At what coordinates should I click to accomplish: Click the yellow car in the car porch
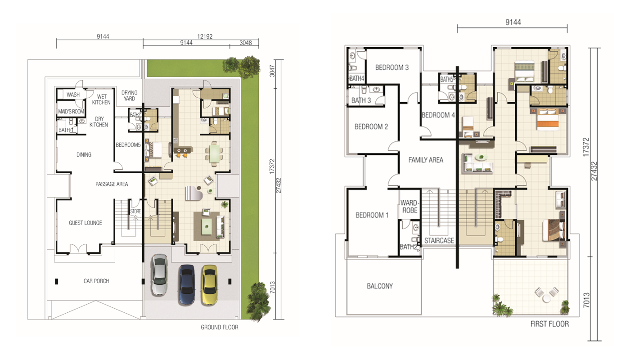tap(210, 285)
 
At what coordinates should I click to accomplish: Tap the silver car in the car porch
tap(159, 275)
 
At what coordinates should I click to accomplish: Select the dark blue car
tap(186, 285)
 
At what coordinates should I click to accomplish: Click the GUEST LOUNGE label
tap(85, 223)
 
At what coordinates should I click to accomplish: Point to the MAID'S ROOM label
tap(71, 112)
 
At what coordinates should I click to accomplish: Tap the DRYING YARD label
tap(130, 95)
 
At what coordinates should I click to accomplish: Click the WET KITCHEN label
tap(101, 99)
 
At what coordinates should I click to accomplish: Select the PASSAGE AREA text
tap(112, 184)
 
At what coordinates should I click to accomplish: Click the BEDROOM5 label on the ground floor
tap(128, 145)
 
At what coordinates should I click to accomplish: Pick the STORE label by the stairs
tap(135, 211)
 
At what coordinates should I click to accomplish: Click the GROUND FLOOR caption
tap(220, 327)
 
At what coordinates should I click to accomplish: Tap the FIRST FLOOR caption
tap(549, 324)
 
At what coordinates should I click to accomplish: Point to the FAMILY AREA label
tap(426, 160)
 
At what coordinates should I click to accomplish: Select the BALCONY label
tap(380, 286)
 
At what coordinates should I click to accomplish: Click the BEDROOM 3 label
tap(392, 67)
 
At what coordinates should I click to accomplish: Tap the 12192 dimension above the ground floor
tap(205, 36)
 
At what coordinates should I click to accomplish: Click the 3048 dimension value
tap(246, 43)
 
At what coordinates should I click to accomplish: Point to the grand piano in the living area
tap(194, 193)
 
